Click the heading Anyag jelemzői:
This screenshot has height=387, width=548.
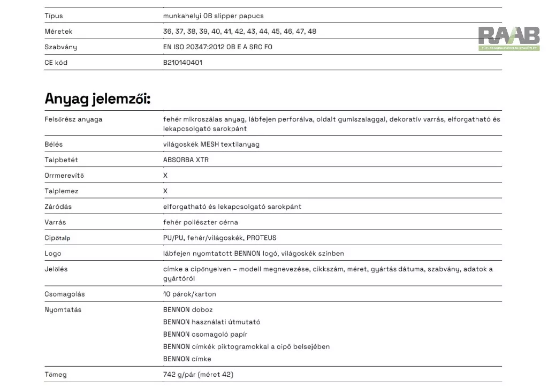pyautogui.click(x=97, y=99)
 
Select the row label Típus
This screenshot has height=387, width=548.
pyautogui.click(x=54, y=16)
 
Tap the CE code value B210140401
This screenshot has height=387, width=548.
pyautogui.click(x=182, y=63)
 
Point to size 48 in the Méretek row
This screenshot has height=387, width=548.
pyautogui.click(x=311, y=32)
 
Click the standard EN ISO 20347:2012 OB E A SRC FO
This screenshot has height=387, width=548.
pyautogui.click(x=217, y=47)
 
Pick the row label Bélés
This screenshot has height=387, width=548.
pyautogui.click(x=54, y=145)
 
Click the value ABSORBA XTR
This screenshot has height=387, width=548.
pyautogui.click(x=186, y=160)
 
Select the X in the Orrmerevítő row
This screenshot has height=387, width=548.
pyautogui.click(x=165, y=176)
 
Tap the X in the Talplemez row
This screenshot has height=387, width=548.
pyautogui.click(x=165, y=191)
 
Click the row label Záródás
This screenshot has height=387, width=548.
pyautogui.click(x=58, y=207)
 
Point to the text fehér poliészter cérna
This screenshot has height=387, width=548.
pyautogui.click(x=200, y=222)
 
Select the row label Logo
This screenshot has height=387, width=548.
pyautogui.click(x=53, y=253)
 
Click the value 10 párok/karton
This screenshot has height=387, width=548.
pyautogui.click(x=189, y=294)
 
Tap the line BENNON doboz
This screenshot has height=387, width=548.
pyautogui.click(x=188, y=310)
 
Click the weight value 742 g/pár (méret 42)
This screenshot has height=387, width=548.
pyautogui.click(x=198, y=375)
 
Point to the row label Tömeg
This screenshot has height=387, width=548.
pyautogui.click(x=56, y=375)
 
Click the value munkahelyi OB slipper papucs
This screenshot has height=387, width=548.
pyautogui.click(x=213, y=16)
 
